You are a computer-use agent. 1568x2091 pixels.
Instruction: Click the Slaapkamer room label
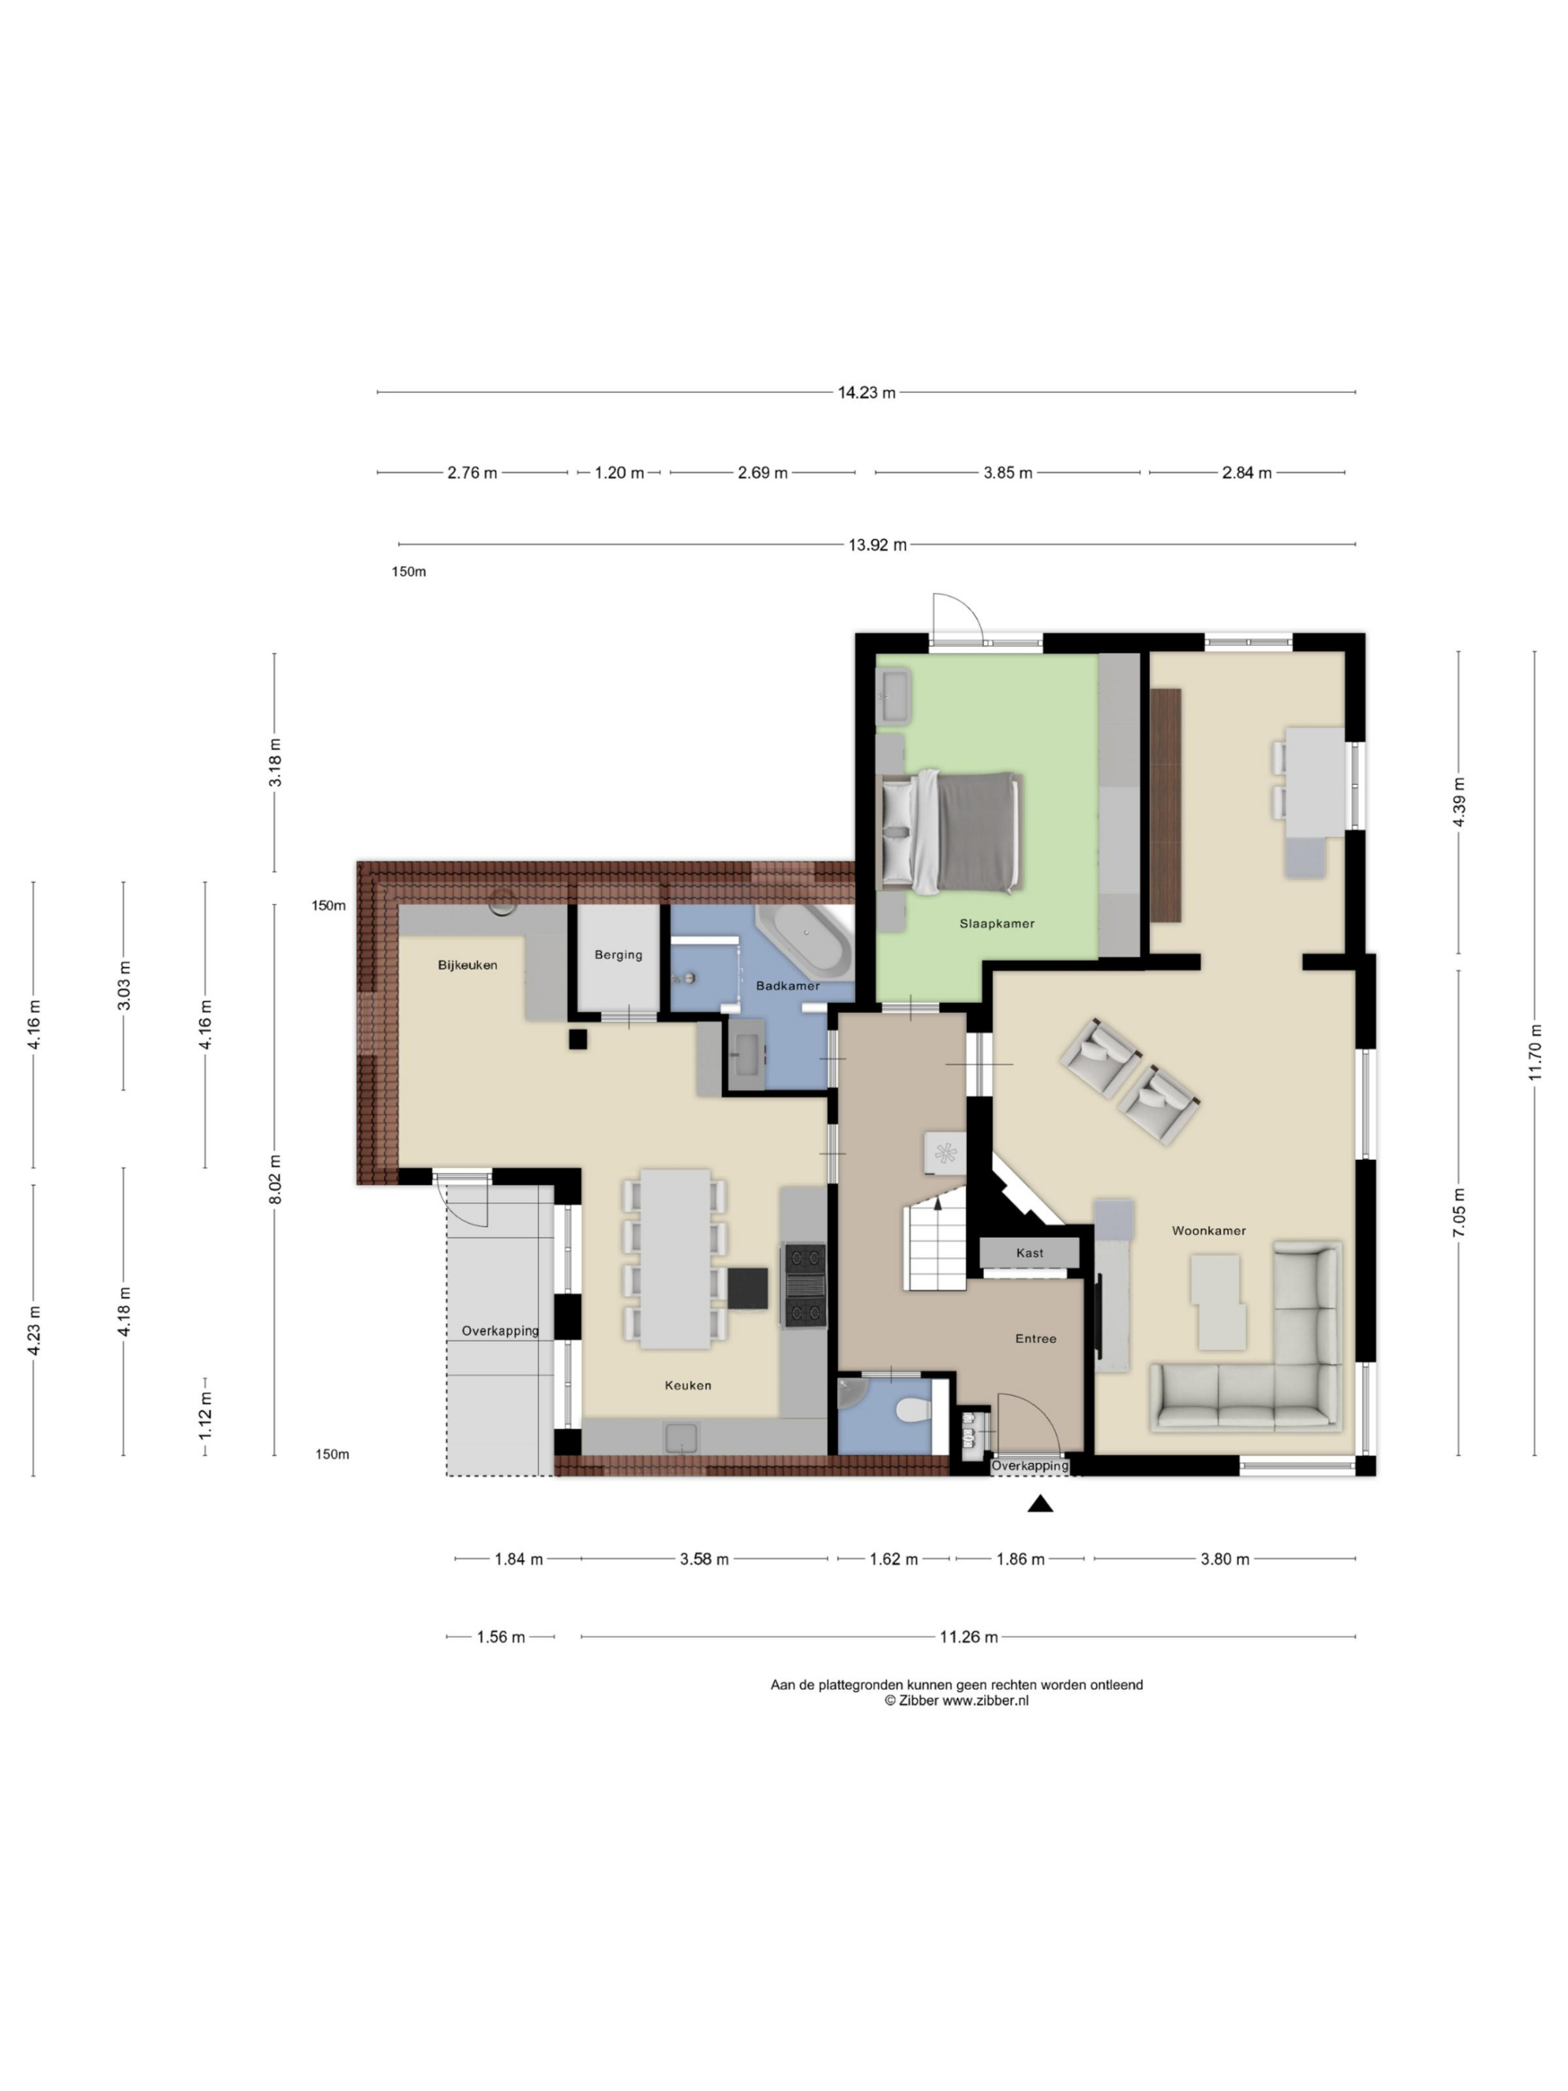[996, 924]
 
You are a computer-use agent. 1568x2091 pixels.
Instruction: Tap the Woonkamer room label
[1208, 1231]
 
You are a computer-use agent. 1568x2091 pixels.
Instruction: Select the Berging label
[618, 955]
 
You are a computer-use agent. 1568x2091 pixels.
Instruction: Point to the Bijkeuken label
[467, 965]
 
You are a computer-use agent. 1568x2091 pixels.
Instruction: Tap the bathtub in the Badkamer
[805, 941]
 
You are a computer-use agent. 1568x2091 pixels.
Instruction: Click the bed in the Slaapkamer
[951, 831]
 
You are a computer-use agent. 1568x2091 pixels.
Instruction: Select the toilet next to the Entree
[913, 1411]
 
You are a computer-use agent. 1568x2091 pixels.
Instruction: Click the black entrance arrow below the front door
[1040, 1503]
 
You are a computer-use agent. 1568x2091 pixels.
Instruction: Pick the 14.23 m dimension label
[866, 392]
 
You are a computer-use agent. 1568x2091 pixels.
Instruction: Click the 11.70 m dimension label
[1535, 1053]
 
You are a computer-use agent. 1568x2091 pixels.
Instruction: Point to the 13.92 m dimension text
[877, 545]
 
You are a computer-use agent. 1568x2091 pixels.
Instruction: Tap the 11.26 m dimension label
[968, 1637]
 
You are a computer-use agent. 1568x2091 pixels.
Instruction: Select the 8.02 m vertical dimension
[275, 1179]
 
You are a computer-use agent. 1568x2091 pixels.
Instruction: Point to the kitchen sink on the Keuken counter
[681, 1438]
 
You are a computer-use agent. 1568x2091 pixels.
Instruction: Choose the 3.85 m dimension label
[1008, 473]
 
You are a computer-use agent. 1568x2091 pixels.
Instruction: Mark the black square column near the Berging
[577, 1039]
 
